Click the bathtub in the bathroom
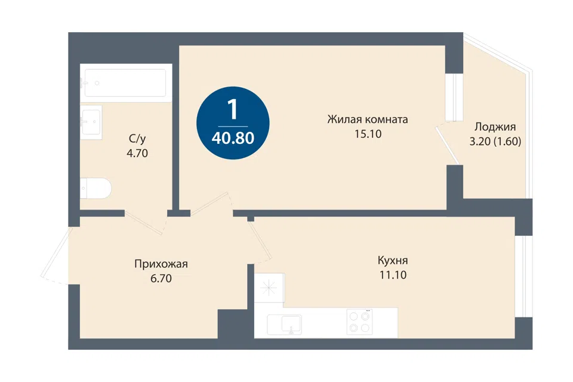[126, 83]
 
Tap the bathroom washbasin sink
[91, 122]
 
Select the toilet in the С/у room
[95, 189]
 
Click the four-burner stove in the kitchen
[359, 322]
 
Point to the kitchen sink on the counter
[284, 325]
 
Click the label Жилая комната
[368, 119]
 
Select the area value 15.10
[368, 134]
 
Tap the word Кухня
[393, 261]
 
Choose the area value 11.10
[393, 275]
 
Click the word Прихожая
[161, 264]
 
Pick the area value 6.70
[161, 279]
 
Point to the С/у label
[137, 139]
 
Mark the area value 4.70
[137, 153]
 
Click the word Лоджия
[495, 127]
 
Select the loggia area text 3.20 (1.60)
[495, 141]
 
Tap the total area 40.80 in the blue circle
[233, 138]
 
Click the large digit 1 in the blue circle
[232, 109]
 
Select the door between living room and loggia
[447, 145]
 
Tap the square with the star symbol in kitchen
[269, 288]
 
